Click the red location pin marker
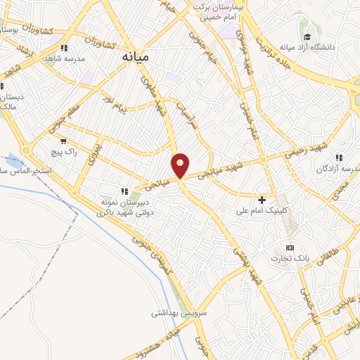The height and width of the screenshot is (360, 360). tap(180, 165)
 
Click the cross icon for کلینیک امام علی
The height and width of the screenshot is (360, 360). tap(262, 200)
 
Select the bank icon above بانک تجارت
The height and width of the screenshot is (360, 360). tap(290, 247)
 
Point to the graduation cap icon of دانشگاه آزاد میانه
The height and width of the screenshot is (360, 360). tap(307, 37)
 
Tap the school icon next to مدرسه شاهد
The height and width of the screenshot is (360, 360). tap(64, 49)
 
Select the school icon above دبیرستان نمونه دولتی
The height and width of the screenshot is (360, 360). tap(124, 191)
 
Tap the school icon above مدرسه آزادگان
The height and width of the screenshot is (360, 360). tap(339, 157)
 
